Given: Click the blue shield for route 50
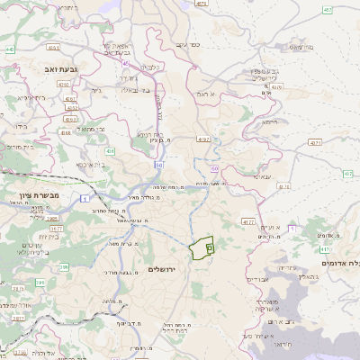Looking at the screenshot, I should click(x=158, y=165).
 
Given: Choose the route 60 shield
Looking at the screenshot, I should click(x=214, y=167).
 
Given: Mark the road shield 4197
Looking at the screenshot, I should click(x=202, y=139).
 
